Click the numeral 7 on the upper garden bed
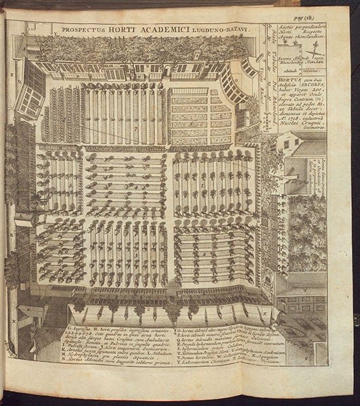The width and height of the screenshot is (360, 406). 135,126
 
